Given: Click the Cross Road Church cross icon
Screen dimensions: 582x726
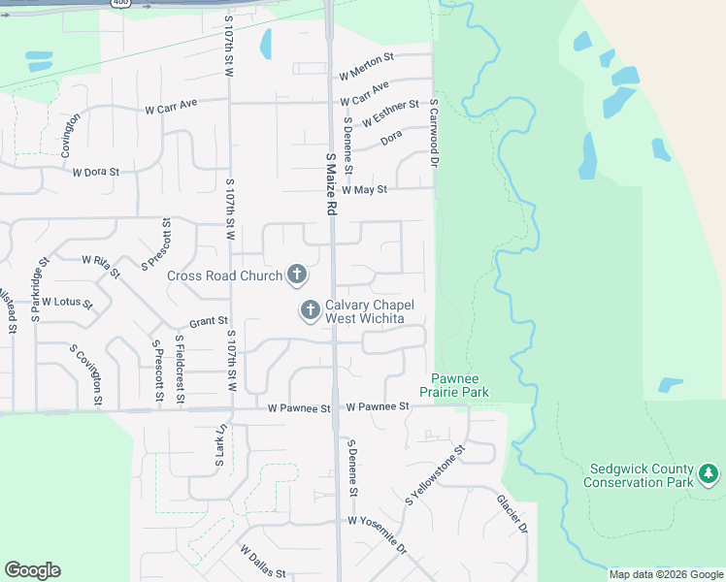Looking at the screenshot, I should tap(297, 275).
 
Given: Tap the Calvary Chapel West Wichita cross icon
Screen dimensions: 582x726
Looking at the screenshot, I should tap(310, 311).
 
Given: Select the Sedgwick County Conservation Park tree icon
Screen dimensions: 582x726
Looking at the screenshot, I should tap(709, 474).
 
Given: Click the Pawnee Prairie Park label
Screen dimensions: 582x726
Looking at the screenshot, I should tap(454, 385).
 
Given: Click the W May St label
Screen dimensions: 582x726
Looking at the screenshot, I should tap(364, 190).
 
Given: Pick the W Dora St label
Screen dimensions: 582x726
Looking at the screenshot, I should tap(95, 173).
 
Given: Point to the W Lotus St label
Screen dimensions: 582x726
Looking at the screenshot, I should tap(67, 303).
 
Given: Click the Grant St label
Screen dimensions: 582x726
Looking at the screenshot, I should tap(208, 320).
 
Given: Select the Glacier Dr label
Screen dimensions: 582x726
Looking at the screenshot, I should tap(511, 514).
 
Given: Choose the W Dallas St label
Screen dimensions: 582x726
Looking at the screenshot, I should tap(263, 563).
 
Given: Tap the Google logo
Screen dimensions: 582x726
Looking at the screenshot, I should tap(32, 570).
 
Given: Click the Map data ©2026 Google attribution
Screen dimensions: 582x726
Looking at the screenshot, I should tap(665, 574).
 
